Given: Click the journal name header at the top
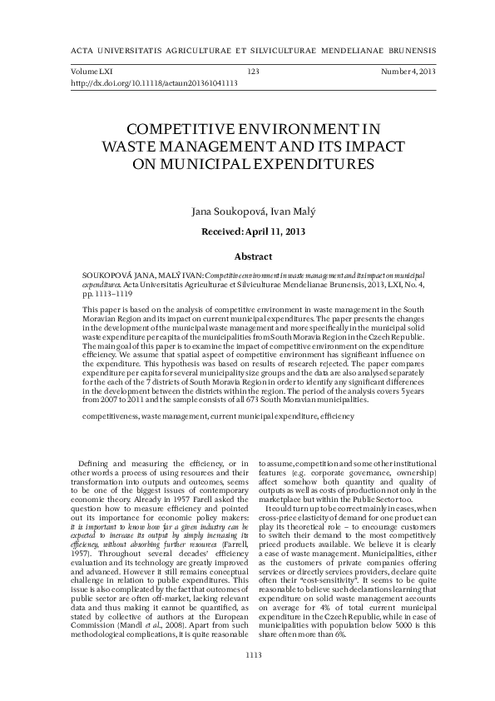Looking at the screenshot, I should pos(253,47).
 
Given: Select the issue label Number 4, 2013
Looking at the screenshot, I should pos(408,72).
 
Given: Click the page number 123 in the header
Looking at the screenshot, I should pos(254,72).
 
